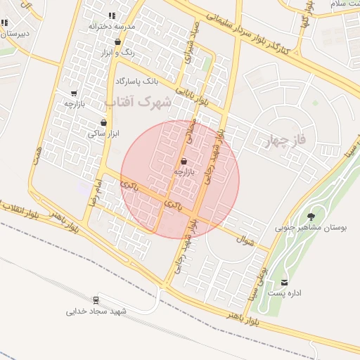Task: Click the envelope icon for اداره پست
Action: coord(284,283)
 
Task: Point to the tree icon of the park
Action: coord(311,216)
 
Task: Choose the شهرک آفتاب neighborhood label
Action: coord(139,102)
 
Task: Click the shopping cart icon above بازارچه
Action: coord(74,93)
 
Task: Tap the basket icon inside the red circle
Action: coord(184,162)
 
